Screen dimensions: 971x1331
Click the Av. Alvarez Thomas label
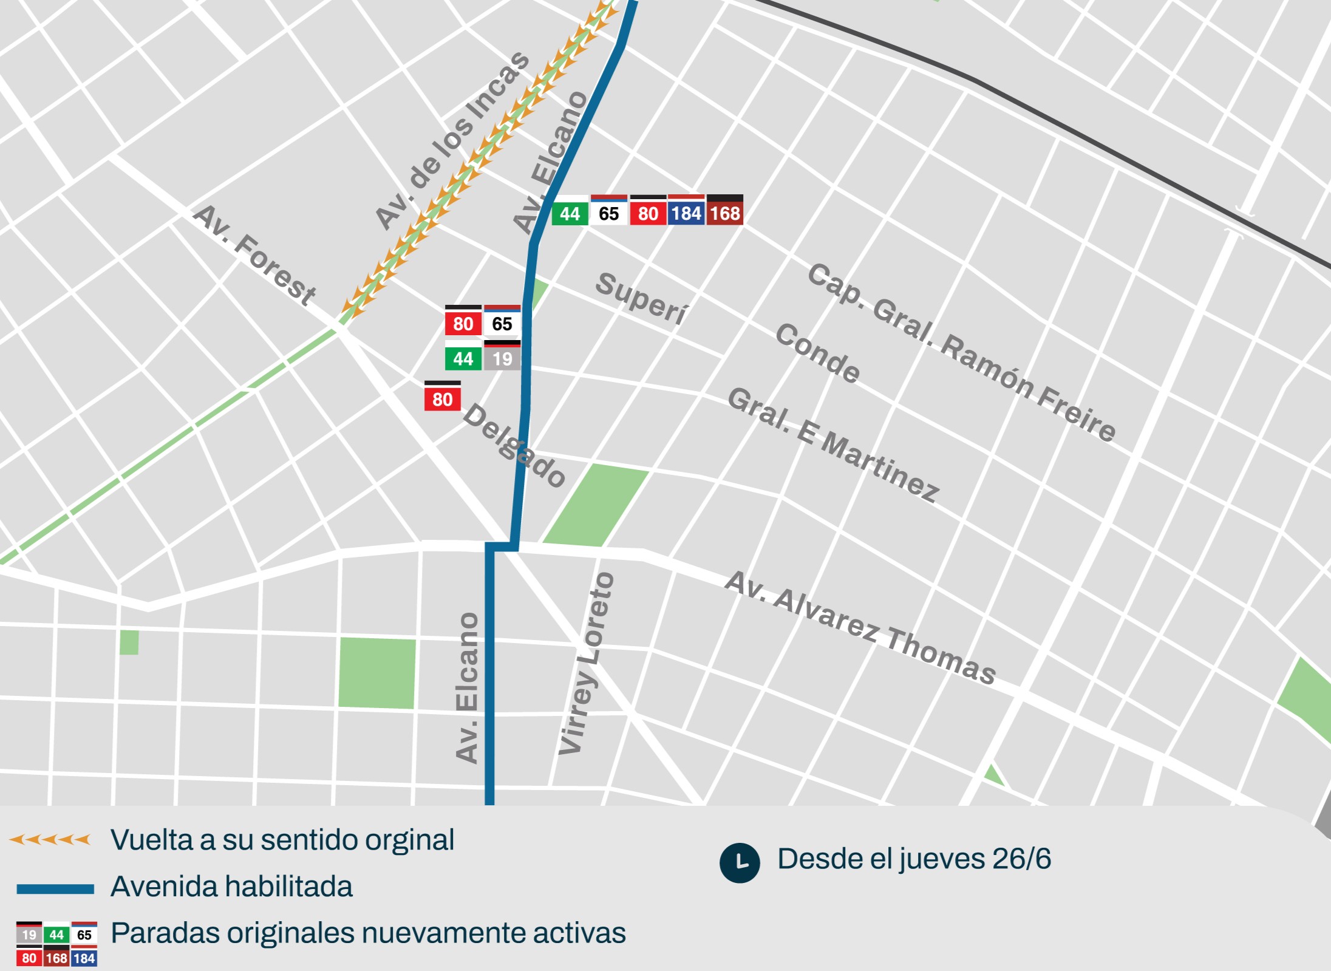click(860, 628)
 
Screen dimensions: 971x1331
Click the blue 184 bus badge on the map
click(687, 213)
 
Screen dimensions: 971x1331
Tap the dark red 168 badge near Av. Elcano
click(725, 213)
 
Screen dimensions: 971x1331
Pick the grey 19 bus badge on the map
click(502, 358)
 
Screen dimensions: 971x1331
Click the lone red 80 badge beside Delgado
click(442, 399)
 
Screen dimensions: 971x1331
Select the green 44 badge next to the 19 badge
click(463, 358)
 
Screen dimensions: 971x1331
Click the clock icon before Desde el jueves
click(740, 862)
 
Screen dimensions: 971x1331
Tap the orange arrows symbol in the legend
click(50, 840)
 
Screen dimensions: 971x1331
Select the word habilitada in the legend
click(290, 887)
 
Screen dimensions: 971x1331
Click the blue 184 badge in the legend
click(84, 958)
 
